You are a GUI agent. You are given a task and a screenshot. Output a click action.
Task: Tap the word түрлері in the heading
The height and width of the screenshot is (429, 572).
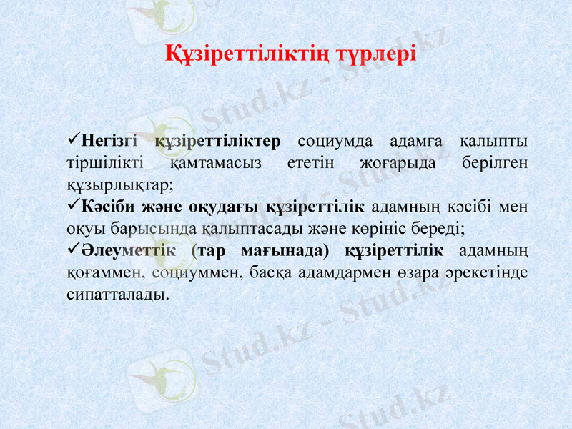coord(376,54)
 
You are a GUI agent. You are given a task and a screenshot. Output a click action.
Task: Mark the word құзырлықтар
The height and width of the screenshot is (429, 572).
coord(117,184)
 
